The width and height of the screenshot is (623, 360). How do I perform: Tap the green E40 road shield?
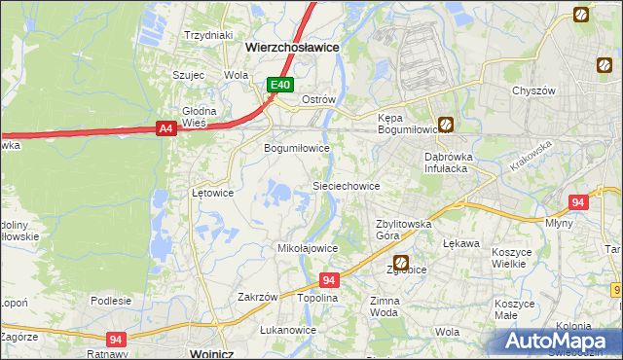280,86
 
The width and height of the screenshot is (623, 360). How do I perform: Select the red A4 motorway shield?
165,127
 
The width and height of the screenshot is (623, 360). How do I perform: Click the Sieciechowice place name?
345,185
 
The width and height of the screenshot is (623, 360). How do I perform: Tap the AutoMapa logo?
561,340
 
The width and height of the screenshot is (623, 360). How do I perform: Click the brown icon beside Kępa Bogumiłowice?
446,125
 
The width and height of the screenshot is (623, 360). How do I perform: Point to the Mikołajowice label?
308,248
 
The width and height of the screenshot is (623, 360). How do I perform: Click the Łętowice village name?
211,193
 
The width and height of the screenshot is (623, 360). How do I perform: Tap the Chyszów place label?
533,90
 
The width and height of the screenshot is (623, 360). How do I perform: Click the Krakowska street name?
531,156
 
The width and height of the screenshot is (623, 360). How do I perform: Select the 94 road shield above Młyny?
578,202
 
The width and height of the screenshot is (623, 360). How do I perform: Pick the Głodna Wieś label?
199,117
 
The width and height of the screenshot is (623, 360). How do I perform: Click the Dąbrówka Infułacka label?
447,162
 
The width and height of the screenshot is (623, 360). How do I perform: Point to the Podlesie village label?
110,301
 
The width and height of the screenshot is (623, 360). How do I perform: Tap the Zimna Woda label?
384,307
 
